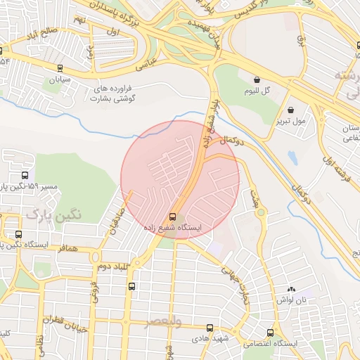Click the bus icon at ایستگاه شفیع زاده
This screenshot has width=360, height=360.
(x=173, y=217)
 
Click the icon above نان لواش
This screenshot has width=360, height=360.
(x=292, y=290)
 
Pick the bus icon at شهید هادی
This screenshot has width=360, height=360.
(x=210, y=328)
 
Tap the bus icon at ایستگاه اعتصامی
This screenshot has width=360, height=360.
(x=270, y=333)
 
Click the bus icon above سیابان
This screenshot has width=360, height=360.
(x=60, y=69)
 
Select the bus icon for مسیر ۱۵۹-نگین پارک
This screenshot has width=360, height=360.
(x=25, y=176)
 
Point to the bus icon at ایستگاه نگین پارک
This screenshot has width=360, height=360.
(x=18, y=234)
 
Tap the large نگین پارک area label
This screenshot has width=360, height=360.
(x=53, y=213)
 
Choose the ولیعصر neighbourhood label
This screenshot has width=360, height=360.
(x=163, y=321)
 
